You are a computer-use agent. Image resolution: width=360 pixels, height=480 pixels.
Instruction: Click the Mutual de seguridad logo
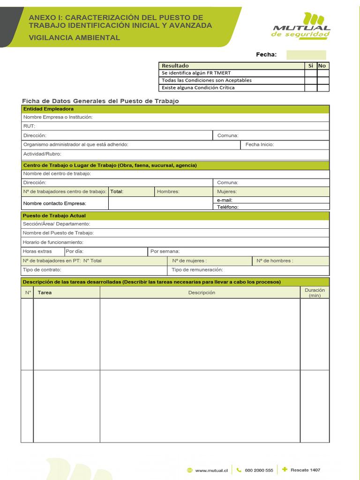click(x=301, y=26)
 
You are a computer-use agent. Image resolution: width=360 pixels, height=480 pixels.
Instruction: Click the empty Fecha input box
click(x=306, y=55)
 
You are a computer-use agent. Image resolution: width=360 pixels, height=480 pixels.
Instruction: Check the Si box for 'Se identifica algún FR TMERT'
click(x=310, y=73)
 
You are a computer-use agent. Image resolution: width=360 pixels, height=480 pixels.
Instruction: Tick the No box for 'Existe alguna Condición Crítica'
click(x=323, y=88)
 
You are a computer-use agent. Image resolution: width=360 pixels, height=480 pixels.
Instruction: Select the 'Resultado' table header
click(x=175, y=66)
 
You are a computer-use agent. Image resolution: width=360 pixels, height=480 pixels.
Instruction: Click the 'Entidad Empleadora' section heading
click(x=42, y=109)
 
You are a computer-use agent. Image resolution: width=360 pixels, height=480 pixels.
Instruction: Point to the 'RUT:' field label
click(x=29, y=126)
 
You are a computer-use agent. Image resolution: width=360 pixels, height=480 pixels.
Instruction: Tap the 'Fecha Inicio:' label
click(x=260, y=144)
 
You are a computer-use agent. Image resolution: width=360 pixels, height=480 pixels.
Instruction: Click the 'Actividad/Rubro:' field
click(x=42, y=154)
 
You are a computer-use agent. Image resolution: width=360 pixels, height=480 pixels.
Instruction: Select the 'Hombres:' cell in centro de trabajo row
click(x=168, y=191)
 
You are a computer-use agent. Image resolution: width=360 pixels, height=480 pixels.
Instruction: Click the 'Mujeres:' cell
click(x=227, y=191)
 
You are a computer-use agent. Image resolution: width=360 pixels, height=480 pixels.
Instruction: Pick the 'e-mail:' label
click(x=225, y=200)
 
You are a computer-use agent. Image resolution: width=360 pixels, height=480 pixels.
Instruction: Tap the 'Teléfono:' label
click(x=228, y=207)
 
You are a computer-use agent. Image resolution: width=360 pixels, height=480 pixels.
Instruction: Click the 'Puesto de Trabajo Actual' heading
click(x=54, y=216)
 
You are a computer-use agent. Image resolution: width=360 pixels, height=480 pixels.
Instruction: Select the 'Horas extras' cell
click(x=37, y=251)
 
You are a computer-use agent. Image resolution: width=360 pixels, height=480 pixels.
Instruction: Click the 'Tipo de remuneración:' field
click(x=197, y=270)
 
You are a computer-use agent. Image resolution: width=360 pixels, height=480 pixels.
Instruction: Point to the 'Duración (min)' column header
click(x=315, y=292)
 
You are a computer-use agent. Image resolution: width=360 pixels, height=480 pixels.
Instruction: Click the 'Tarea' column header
click(x=45, y=292)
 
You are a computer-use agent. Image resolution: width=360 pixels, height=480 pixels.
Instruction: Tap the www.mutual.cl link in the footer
click(x=211, y=470)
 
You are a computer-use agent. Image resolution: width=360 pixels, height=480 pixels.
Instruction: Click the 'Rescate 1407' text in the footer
click(x=305, y=470)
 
